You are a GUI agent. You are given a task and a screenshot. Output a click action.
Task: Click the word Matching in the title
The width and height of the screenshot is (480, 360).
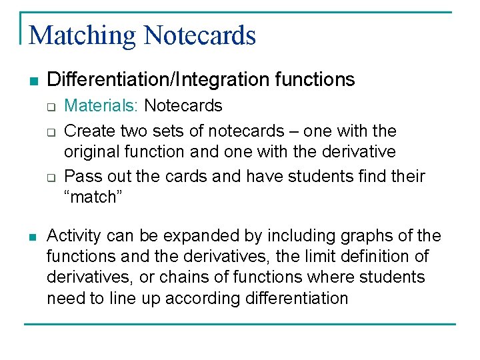pos(83,35)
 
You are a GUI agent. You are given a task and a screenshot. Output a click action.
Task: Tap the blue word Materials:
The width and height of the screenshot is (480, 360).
pos(102,105)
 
